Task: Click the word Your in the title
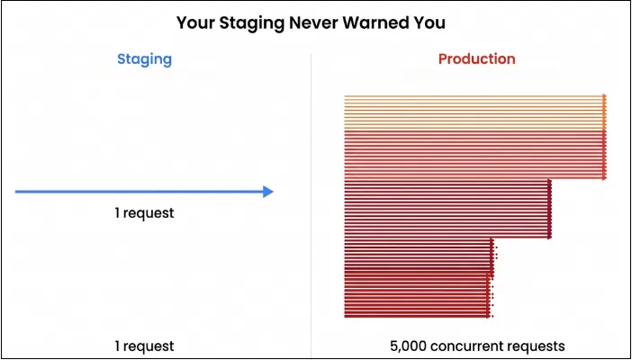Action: [x=194, y=22]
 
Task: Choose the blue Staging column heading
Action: [x=144, y=59]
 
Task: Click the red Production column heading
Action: [x=476, y=59]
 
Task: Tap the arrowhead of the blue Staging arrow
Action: [x=267, y=192]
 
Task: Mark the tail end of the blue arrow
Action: [x=17, y=192]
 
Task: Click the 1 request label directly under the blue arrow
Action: [x=144, y=213]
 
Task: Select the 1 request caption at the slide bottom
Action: [x=144, y=346]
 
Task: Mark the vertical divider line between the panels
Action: [x=311, y=198]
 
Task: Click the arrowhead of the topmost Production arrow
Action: [x=605, y=96]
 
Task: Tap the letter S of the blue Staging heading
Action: [x=122, y=59]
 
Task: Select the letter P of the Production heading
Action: [x=443, y=59]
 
